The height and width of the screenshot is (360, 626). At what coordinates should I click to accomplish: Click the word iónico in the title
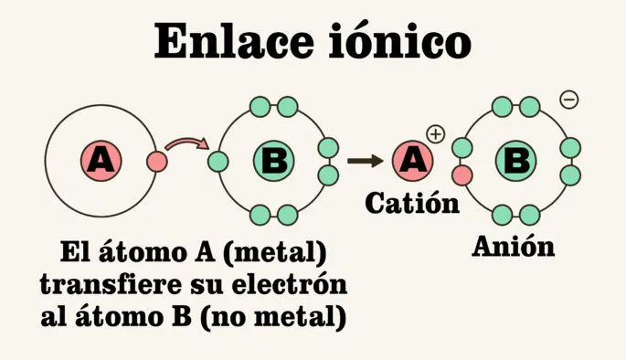click(410, 41)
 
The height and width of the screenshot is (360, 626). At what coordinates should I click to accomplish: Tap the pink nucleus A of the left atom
click(101, 161)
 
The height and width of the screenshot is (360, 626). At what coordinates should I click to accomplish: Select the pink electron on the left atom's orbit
click(157, 163)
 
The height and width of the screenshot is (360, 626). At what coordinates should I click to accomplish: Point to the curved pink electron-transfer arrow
click(189, 144)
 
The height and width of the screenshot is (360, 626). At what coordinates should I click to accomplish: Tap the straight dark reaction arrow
click(365, 162)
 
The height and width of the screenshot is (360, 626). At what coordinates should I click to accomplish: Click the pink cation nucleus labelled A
click(413, 162)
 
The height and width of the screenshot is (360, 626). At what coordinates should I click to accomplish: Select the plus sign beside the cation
click(435, 134)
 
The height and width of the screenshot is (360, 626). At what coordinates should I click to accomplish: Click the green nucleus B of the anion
click(516, 162)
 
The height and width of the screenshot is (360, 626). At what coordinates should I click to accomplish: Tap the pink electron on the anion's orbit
click(462, 174)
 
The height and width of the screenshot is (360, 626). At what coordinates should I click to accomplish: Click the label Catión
click(411, 203)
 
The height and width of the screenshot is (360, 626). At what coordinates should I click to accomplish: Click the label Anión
click(513, 246)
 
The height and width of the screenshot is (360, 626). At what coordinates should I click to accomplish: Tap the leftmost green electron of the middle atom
click(218, 163)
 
